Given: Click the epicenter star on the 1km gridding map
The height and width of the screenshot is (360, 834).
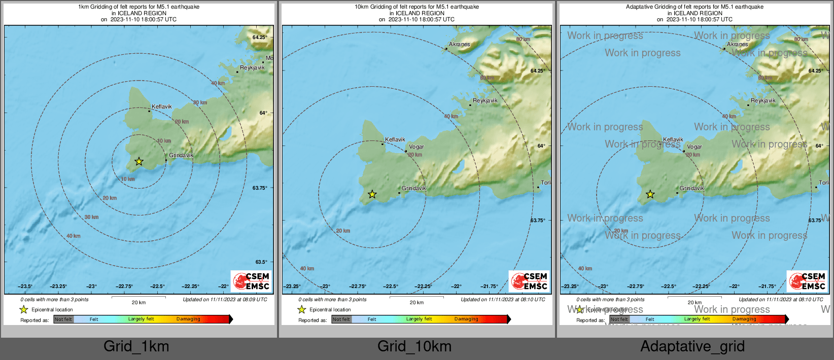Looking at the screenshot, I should pos(138,161).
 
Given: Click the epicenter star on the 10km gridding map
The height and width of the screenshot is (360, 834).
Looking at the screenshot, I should pos(372,194).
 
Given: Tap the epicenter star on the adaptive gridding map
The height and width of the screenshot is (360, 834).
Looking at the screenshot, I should pos(650,194).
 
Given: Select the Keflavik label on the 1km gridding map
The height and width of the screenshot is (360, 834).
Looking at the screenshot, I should pos(162,107).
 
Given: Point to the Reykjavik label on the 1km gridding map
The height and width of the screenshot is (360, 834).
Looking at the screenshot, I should pos(252,67).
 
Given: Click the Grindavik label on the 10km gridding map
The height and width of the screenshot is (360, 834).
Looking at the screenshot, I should pos(414,188).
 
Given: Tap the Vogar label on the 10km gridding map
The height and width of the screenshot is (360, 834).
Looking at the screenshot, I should pos(416,147).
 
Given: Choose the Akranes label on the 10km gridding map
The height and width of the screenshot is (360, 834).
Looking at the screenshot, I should pos(459,44).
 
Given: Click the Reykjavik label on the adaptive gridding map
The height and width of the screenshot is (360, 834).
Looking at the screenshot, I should pos(763,100).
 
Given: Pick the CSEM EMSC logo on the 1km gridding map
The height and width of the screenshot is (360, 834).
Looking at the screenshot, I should pos(251,281).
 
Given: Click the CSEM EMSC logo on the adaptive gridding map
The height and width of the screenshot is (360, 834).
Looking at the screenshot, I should pos(807,281).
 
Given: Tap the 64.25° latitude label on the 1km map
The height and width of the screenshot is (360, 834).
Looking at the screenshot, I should pos(260,38).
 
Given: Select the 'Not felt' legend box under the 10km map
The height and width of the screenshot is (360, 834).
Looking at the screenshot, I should pos(341,319).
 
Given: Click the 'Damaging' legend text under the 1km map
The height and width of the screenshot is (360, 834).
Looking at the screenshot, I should pos(188,319).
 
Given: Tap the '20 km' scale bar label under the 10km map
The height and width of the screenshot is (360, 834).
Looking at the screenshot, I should pos(416,303).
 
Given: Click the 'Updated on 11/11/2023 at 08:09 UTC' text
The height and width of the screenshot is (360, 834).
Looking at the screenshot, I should pos(225,300).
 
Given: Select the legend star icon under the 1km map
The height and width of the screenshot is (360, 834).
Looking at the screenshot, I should pos(24,309).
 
